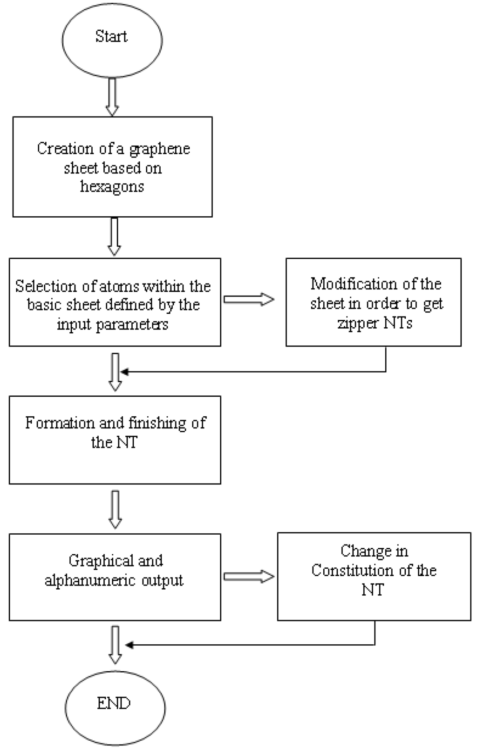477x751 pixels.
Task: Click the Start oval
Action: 112,40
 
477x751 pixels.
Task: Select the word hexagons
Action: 112,186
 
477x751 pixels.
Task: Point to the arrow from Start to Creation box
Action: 112,96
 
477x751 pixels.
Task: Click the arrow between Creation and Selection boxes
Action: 114,236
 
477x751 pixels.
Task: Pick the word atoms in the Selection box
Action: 108,286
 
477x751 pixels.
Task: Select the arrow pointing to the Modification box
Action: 249,299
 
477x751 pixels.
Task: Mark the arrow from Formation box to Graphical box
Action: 115,509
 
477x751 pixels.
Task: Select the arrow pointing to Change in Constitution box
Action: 249,577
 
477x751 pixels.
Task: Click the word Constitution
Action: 354,570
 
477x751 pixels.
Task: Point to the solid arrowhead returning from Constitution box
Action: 129,645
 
